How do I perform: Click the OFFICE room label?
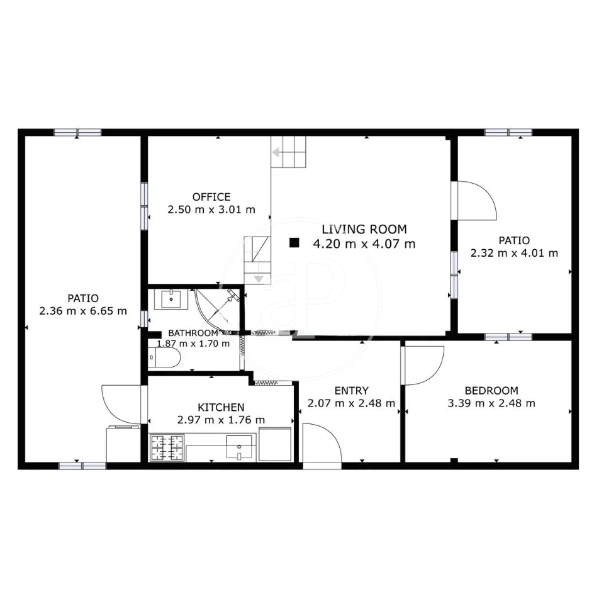pos(211,197)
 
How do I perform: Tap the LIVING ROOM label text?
pos(364,229)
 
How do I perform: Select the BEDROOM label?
pos(491,390)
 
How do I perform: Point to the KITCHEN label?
pos(221,407)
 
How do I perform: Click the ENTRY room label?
pos(352,390)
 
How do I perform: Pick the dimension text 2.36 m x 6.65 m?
pos(83,311)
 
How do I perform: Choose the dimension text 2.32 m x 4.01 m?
pos(514,253)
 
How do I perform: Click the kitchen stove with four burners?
pos(167,448)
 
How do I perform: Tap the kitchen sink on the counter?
pos(239,447)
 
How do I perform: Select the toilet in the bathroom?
pos(164,357)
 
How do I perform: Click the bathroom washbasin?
pos(171,299)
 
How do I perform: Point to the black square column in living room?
pos(294,243)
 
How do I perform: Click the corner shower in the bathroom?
pos(218,310)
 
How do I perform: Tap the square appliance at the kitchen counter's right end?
pos(275,445)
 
